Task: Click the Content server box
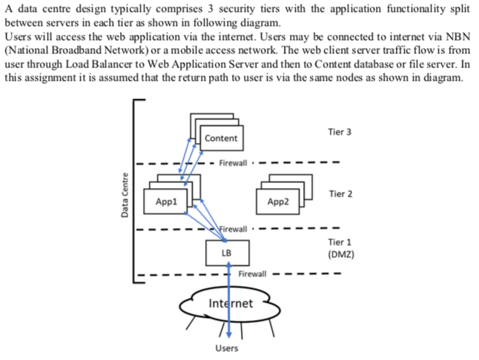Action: point(220,139)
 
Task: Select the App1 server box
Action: point(167,201)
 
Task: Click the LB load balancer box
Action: point(226,253)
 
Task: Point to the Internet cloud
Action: point(231,303)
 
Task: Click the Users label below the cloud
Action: point(226,348)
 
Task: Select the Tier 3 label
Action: point(339,132)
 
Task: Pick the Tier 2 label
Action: point(339,194)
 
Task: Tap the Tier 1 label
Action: point(339,242)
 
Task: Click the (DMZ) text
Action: point(340,253)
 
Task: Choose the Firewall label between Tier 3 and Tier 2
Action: point(236,162)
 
